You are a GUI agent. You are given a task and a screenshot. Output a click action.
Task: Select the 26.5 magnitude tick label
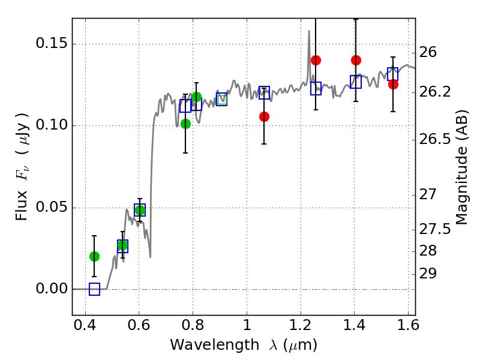point(437,139)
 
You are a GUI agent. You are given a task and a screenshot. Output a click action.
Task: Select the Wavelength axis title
point(243,345)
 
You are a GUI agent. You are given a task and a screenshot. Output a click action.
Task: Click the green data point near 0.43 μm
point(94,256)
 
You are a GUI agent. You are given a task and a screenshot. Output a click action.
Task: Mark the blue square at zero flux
point(94,289)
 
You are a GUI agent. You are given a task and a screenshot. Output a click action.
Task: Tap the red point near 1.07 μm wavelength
point(264,116)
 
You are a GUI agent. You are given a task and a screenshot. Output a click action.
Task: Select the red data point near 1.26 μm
point(316,60)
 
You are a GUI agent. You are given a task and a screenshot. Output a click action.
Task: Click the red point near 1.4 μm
point(356,60)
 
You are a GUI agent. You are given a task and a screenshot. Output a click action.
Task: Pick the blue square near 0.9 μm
point(222,99)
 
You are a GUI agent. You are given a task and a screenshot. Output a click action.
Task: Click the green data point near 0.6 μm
point(140,210)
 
